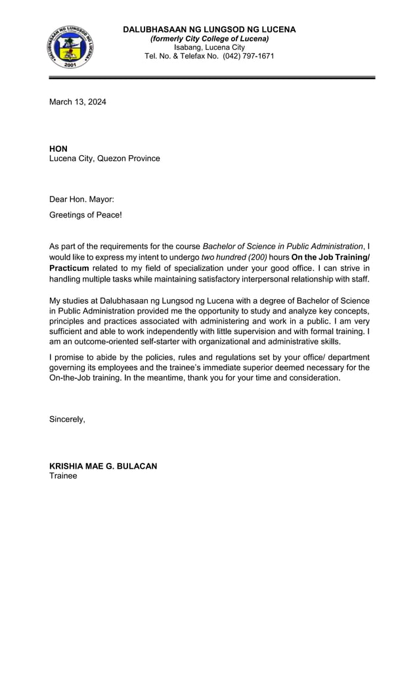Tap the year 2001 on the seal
click(70, 64)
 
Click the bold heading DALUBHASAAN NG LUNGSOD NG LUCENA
click(209, 30)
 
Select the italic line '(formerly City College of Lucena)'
click(209, 39)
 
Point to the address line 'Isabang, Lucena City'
click(209, 47)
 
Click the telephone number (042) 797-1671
click(248, 57)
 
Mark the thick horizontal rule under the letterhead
click(211, 78)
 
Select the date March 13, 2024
click(77, 102)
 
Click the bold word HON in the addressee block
click(58, 149)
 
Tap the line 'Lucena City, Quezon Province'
click(104, 158)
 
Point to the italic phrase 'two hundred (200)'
click(234, 257)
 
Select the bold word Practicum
click(69, 268)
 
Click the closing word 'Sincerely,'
click(67, 419)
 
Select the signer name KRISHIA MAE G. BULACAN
click(103, 466)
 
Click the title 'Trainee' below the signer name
click(63, 475)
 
